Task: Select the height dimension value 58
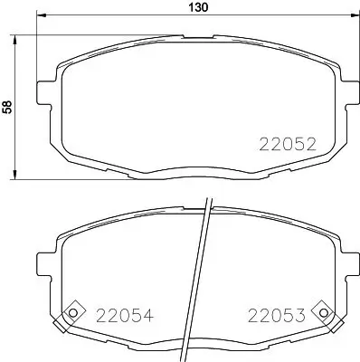(x=9, y=107)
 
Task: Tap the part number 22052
(x=288, y=142)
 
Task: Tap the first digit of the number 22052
(x=266, y=142)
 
